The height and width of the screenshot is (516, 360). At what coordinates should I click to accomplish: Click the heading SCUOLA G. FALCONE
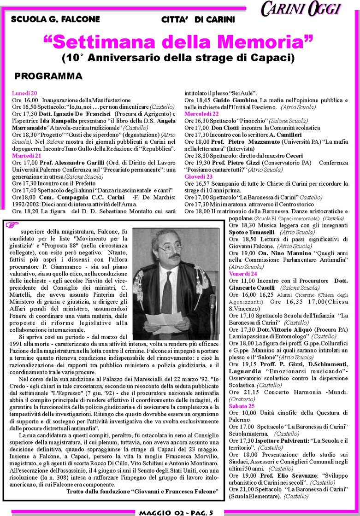tap(55, 19)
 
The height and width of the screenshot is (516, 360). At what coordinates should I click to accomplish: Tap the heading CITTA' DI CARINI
tap(198, 19)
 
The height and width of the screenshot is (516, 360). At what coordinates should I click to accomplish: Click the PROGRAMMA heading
tap(48, 76)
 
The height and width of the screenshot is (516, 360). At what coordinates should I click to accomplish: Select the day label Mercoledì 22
tap(201, 113)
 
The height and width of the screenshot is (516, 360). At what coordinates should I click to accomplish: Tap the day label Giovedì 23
tap(198, 176)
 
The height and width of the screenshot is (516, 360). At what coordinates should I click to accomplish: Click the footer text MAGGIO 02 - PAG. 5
tap(174, 512)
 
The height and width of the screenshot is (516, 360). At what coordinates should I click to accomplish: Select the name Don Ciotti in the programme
tap(224, 127)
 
